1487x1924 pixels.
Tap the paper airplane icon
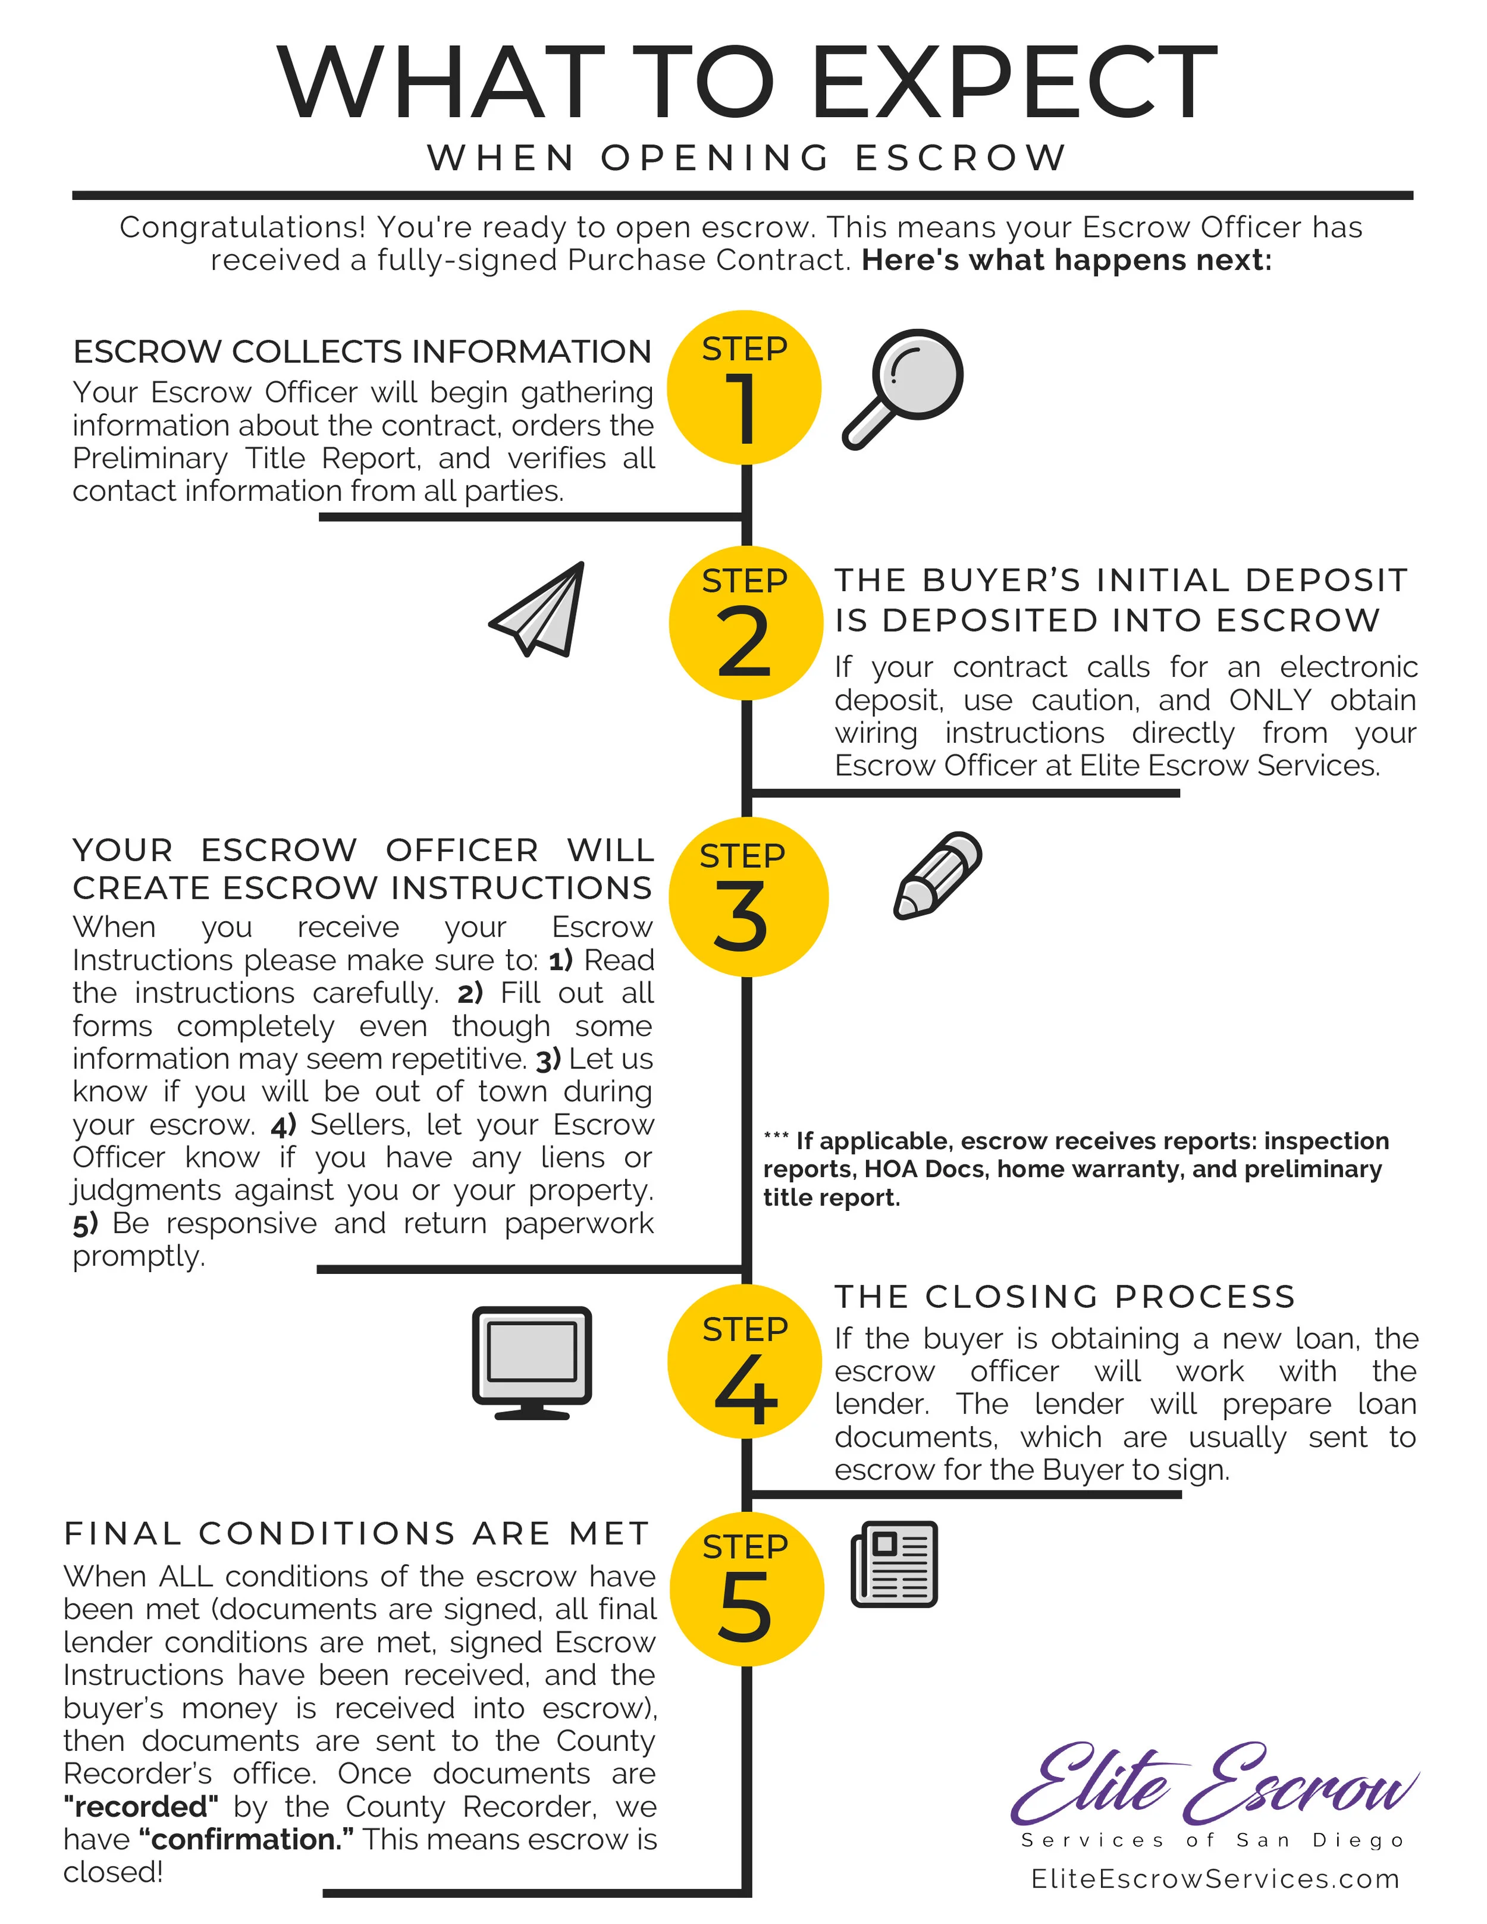539,610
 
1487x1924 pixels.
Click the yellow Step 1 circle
744,388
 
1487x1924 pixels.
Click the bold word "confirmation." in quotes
247,1840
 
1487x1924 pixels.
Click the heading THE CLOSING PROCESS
1065,1297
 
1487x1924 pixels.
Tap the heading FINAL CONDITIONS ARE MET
357,1534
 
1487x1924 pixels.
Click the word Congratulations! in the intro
242,227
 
